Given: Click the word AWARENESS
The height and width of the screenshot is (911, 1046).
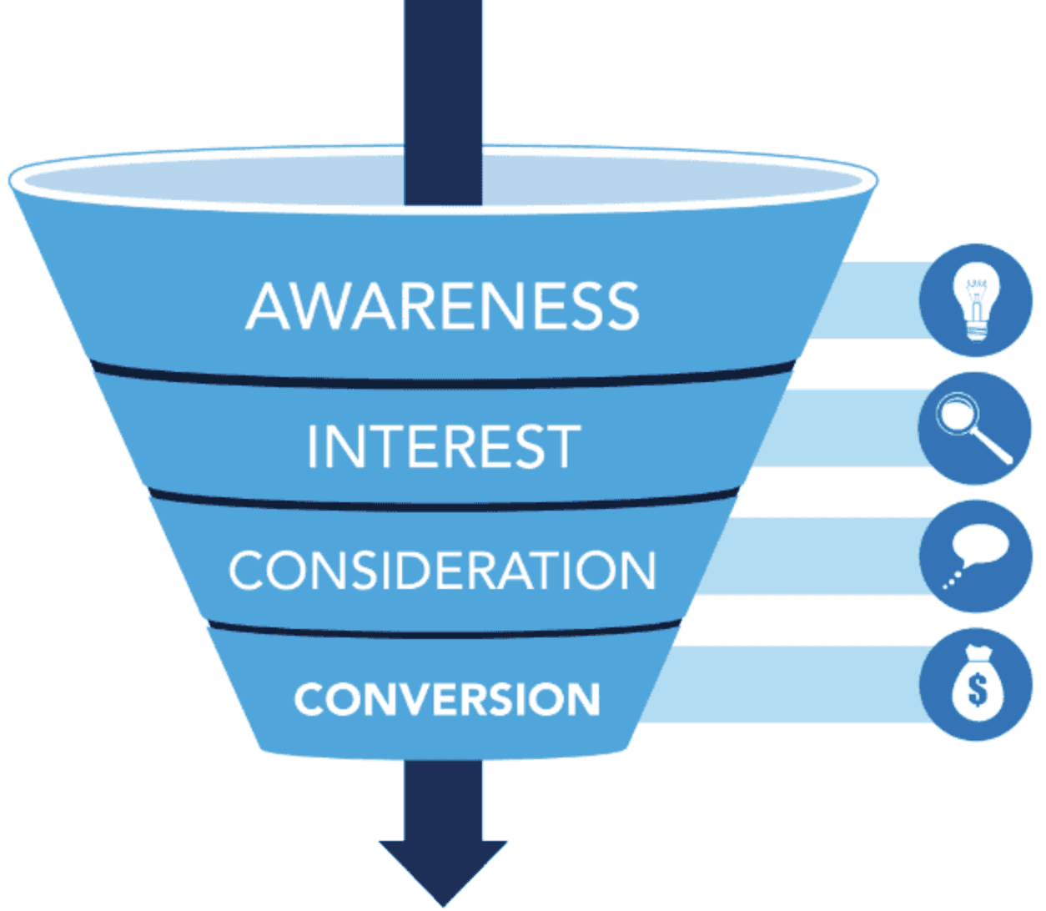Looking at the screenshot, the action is click(443, 305).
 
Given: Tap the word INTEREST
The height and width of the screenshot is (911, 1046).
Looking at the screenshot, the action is click(444, 445).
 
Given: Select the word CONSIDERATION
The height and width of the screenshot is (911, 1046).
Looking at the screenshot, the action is click(443, 570).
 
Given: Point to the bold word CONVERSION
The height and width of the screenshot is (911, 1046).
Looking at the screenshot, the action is click(447, 699).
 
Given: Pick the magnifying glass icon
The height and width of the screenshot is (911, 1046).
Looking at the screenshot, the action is click(973, 427).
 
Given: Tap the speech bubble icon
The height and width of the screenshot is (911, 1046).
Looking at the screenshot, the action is click(975, 556).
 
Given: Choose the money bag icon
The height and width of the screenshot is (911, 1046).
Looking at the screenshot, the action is click(978, 683).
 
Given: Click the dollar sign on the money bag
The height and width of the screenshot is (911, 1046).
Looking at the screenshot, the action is click(978, 690).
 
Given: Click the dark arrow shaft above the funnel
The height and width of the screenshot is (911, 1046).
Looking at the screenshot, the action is click(443, 103).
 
